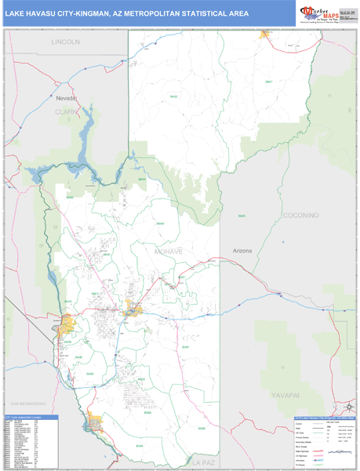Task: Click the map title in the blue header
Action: point(127,13)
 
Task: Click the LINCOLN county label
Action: point(65,41)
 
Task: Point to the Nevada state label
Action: point(67,98)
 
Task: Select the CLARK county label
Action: point(67,111)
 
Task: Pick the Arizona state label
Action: point(242,250)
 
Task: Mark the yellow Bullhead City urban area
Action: point(67,323)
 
